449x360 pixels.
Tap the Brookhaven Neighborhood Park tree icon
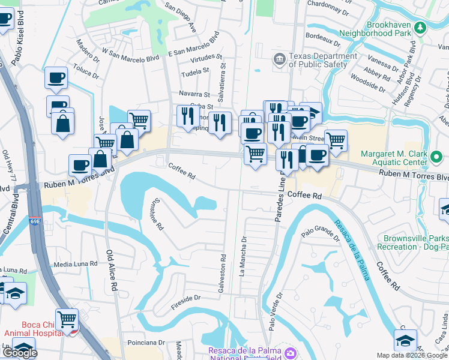point(421,27)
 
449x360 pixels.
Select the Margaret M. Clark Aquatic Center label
point(394,158)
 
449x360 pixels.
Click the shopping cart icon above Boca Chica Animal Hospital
point(67,319)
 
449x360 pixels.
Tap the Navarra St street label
point(194,94)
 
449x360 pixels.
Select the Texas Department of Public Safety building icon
point(279,58)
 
